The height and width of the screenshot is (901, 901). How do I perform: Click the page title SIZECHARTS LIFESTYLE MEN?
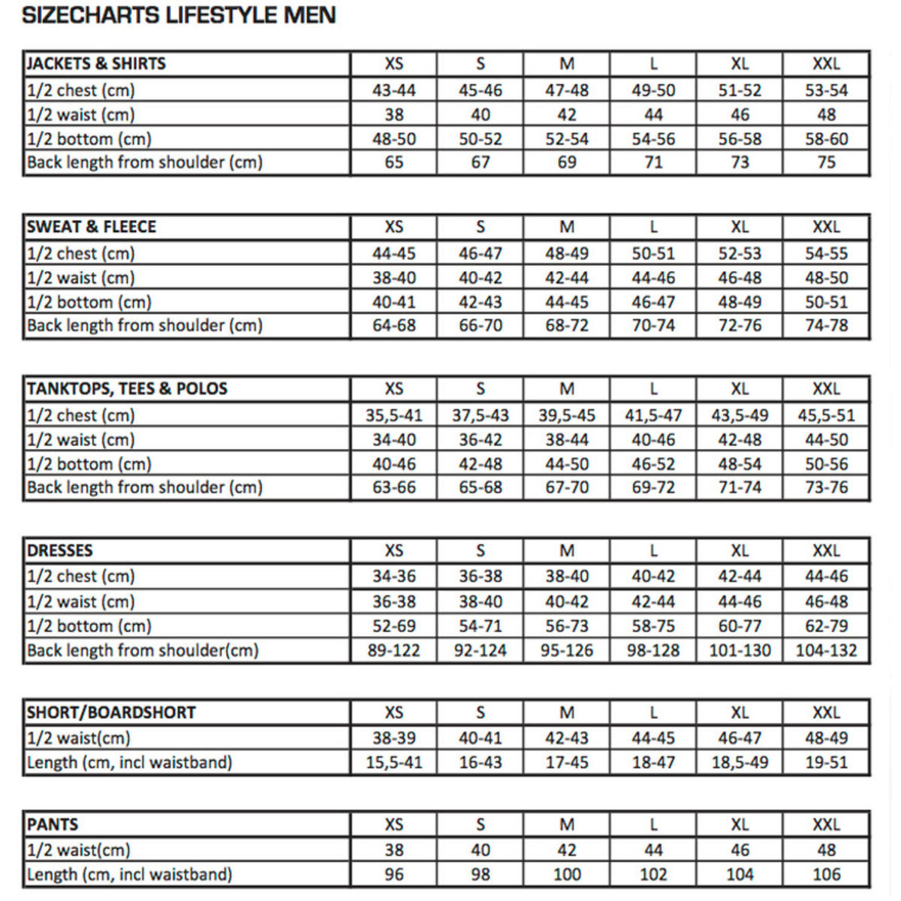[x=179, y=15]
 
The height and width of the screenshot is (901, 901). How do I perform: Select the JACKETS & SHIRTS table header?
[x=96, y=64]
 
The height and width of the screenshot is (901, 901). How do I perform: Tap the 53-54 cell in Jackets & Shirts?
[x=826, y=90]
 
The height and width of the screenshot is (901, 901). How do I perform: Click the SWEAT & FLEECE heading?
[x=92, y=227]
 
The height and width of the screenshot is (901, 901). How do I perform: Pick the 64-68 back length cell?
[x=393, y=326]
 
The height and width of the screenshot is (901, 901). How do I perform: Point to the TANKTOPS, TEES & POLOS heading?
[x=127, y=389]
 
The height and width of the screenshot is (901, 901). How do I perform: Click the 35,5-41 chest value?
[x=393, y=415]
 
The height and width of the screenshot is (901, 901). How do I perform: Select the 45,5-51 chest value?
[x=826, y=415]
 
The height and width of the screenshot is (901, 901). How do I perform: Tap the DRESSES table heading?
[x=60, y=550]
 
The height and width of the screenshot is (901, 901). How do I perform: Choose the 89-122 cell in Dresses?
[x=393, y=651]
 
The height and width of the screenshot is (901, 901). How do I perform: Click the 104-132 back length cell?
[x=826, y=651]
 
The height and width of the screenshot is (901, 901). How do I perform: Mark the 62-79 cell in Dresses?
[x=826, y=626]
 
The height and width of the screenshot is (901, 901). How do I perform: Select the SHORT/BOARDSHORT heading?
[x=111, y=713]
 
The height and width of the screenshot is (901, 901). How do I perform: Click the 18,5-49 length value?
[x=740, y=763]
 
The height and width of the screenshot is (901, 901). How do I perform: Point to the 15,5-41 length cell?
[x=393, y=763]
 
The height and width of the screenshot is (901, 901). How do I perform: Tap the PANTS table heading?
[x=53, y=824]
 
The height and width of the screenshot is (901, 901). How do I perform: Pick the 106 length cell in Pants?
[x=826, y=875]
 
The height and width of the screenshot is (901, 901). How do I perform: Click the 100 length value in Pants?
[x=567, y=875]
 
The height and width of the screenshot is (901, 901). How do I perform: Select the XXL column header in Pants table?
[x=826, y=824]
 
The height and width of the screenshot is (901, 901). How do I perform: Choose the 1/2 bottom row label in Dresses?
[x=89, y=626]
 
